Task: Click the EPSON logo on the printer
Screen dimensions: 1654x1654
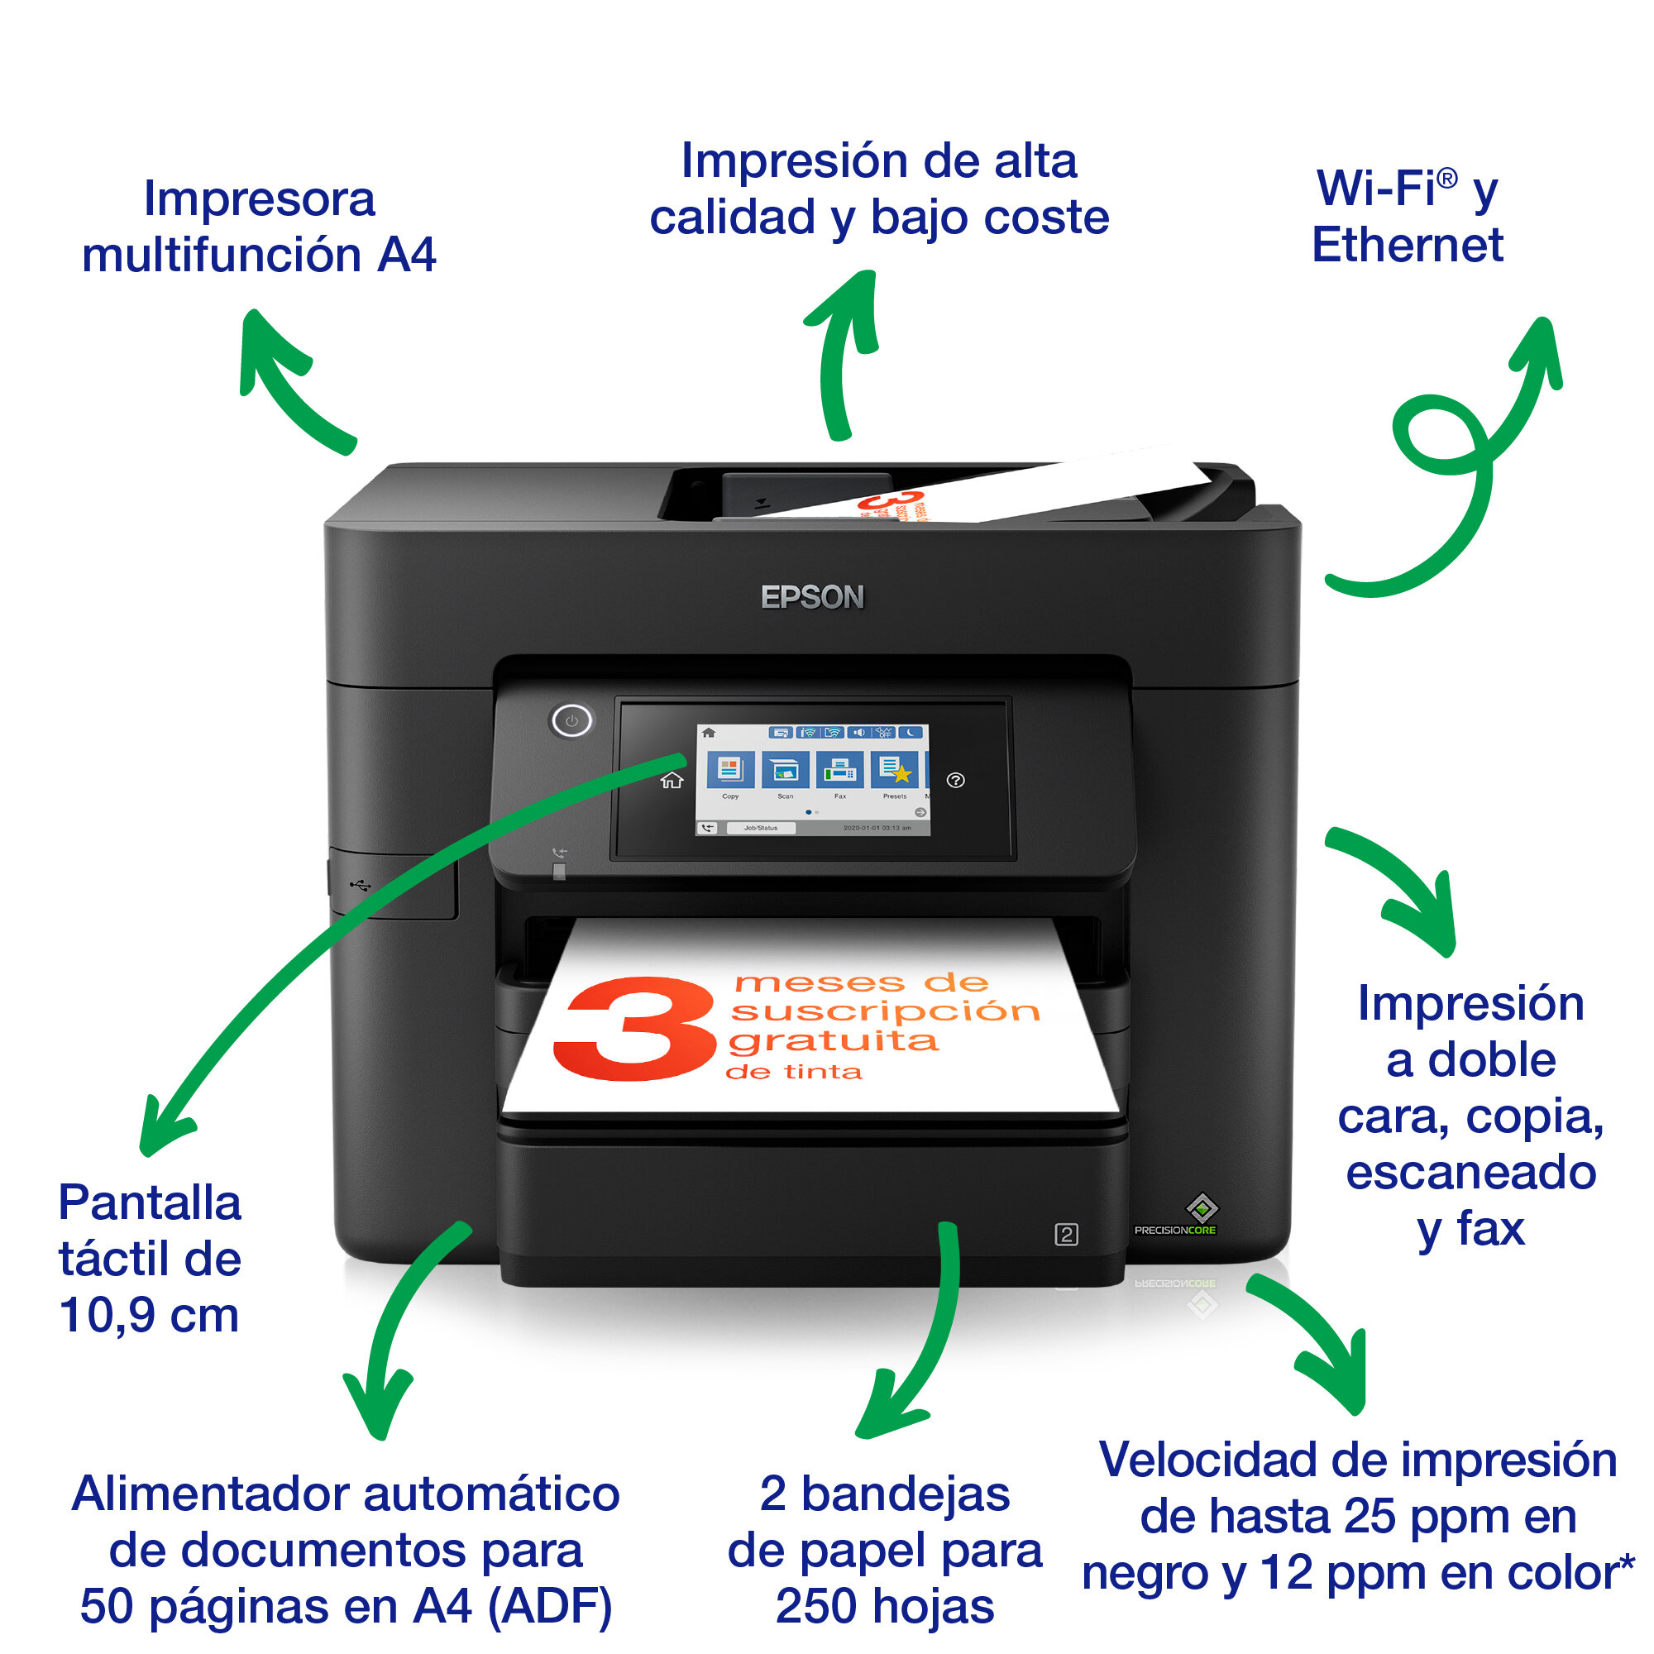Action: pos(811,597)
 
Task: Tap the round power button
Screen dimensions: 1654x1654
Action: pos(571,721)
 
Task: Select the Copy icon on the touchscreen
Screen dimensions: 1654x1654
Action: pos(729,770)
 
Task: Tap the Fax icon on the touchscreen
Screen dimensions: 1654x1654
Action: pos(839,770)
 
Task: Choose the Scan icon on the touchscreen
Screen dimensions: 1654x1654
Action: pos(784,770)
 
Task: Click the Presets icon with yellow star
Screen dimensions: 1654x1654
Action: pos(895,770)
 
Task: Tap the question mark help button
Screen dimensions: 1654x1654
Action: pos(955,780)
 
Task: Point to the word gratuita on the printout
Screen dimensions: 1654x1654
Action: pos(833,1041)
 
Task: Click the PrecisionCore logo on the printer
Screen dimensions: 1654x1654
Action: pos(1176,1229)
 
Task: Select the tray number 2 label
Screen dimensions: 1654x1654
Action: pos(1066,1235)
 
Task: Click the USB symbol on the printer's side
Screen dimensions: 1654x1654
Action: pos(361,884)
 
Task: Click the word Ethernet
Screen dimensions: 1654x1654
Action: pos(1407,246)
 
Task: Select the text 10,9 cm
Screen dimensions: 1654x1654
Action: pos(149,1315)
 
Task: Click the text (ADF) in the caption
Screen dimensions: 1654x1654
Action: pos(550,1606)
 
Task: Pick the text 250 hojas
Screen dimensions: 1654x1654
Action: pos(884,1606)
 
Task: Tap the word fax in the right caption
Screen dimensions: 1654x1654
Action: pos(1490,1229)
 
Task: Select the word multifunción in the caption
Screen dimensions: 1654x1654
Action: pos(221,255)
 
